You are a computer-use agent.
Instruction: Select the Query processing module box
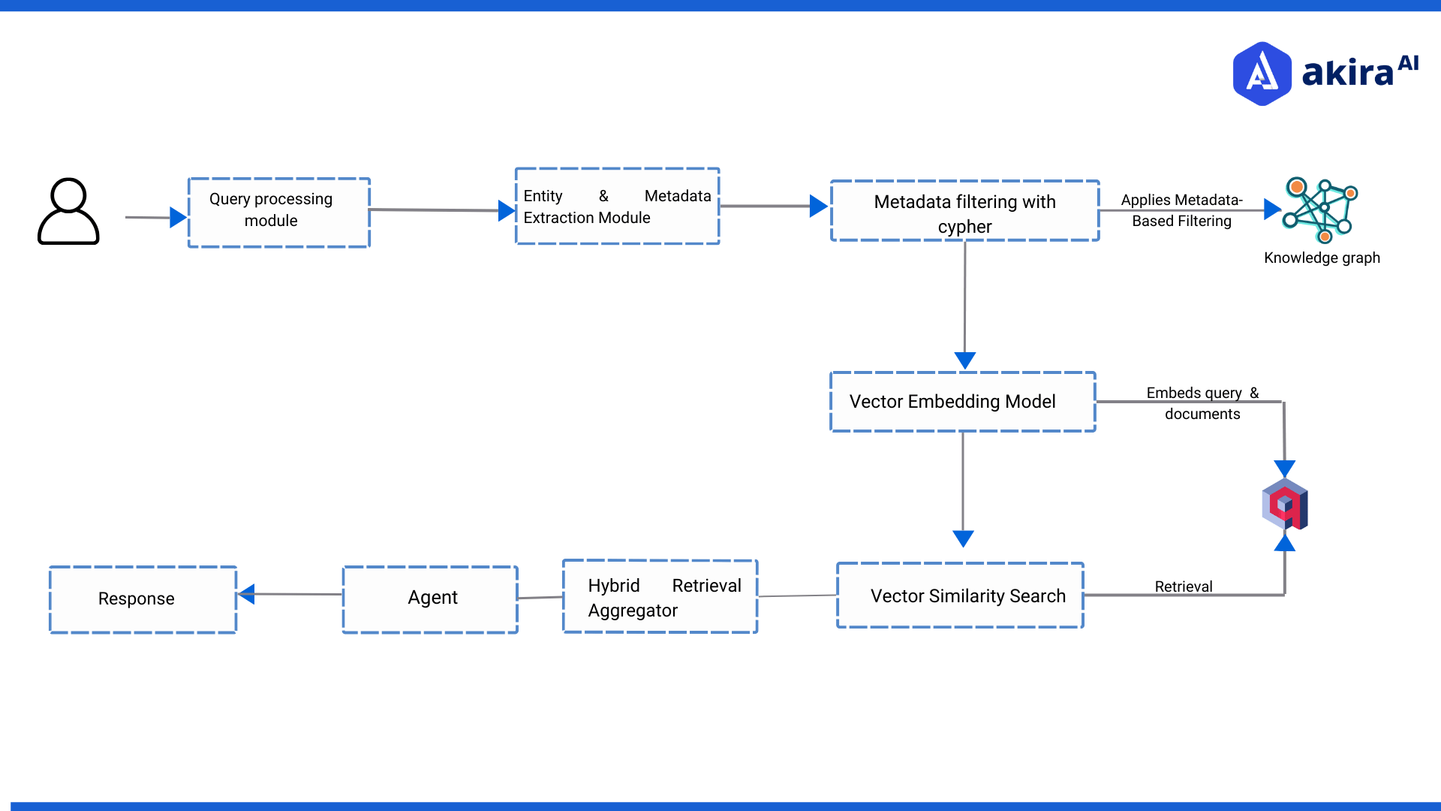(x=278, y=213)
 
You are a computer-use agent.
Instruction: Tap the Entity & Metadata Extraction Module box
(x=617, y=207)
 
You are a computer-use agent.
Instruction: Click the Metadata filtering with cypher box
(x=964, y=211)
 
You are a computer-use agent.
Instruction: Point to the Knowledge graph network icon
(x=1320, y=210)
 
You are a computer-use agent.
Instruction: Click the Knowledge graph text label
(x=1322, y=258)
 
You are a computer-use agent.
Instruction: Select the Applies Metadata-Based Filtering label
(x=1181, y=210)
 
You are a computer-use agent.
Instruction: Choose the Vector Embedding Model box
(x=962, y=402)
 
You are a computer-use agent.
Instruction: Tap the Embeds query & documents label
(x=1202, y=403)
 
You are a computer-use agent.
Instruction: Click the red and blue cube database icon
(x=1285, y=505)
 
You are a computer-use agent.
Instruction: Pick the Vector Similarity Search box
(x=960, y=595)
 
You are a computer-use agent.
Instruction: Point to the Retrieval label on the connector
(x=1183, y=586)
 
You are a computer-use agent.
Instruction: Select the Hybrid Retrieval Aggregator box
(x=660, y=597)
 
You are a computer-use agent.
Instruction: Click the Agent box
(x=431, y=598)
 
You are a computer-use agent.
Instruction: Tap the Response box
(x=143, y=599)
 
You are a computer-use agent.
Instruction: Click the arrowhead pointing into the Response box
(x=246, y=594)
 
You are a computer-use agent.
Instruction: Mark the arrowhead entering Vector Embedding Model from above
(x=964, y=360)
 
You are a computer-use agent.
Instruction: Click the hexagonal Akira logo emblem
(x=1262, y=74)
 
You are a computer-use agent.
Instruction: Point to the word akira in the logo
(x=1347, y=74)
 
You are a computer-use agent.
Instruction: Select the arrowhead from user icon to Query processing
(x=178, y=218)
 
